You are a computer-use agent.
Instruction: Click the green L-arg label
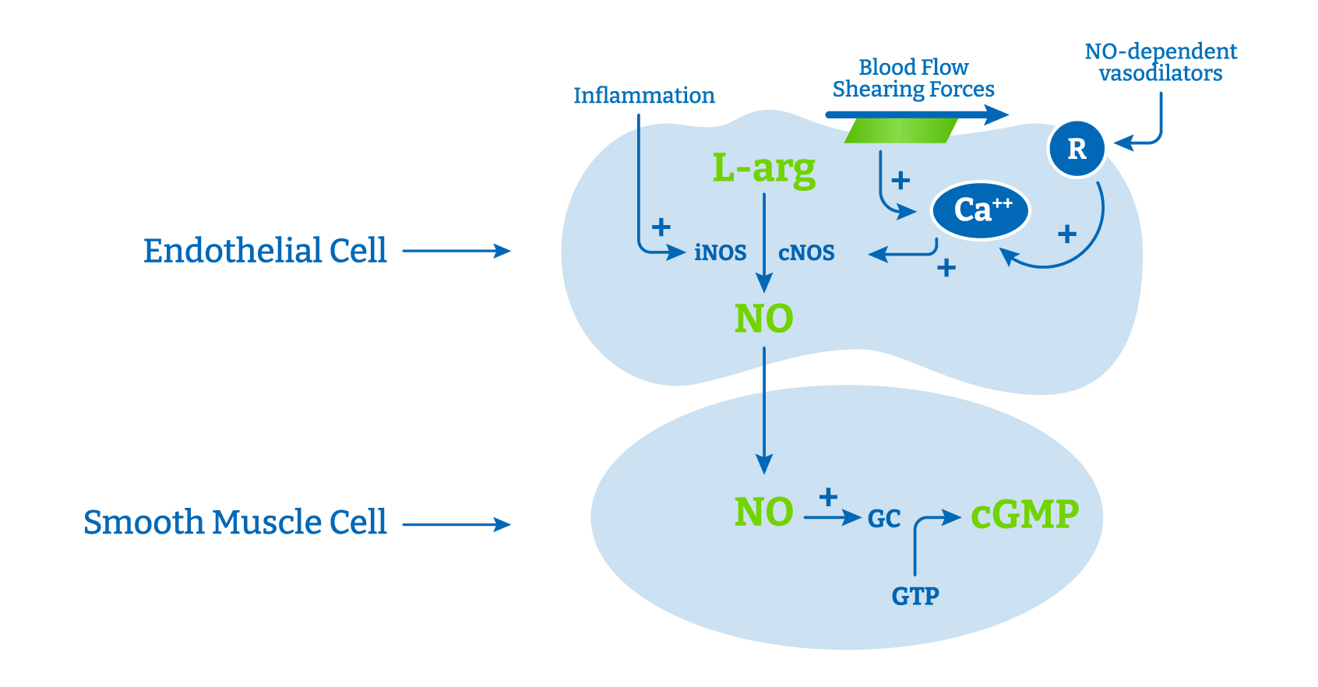(x=763, y=168)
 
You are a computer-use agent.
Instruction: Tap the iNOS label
(x=720, y=252)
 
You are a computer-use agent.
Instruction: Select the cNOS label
(x=806, y=252)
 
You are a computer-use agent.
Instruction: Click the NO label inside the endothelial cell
(x=763, y=319)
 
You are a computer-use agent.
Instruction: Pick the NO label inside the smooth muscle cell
(x=763, y=513)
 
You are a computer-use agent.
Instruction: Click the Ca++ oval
(x=981, y=210)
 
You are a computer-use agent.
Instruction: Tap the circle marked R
(x=1077, y=149)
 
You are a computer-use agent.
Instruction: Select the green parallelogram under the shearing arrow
(x=901, y=130)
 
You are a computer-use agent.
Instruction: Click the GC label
(x=884, y=519)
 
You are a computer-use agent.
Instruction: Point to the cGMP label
(x=1024, y=514)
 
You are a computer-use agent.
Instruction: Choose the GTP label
(x=915, y=596)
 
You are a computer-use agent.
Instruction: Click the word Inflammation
(x=643, y=95)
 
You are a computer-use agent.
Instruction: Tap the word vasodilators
(x=1160, y=74)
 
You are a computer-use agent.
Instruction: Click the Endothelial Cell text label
(x=265, y=251)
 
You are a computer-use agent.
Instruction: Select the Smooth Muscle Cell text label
(x=234, y=522)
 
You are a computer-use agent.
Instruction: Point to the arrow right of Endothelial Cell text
(x=456, y=251)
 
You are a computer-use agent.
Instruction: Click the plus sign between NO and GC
(x=828, y=496)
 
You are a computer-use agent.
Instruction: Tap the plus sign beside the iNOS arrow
(x=661, y=227)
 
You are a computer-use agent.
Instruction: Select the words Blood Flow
(x=913, y=67)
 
